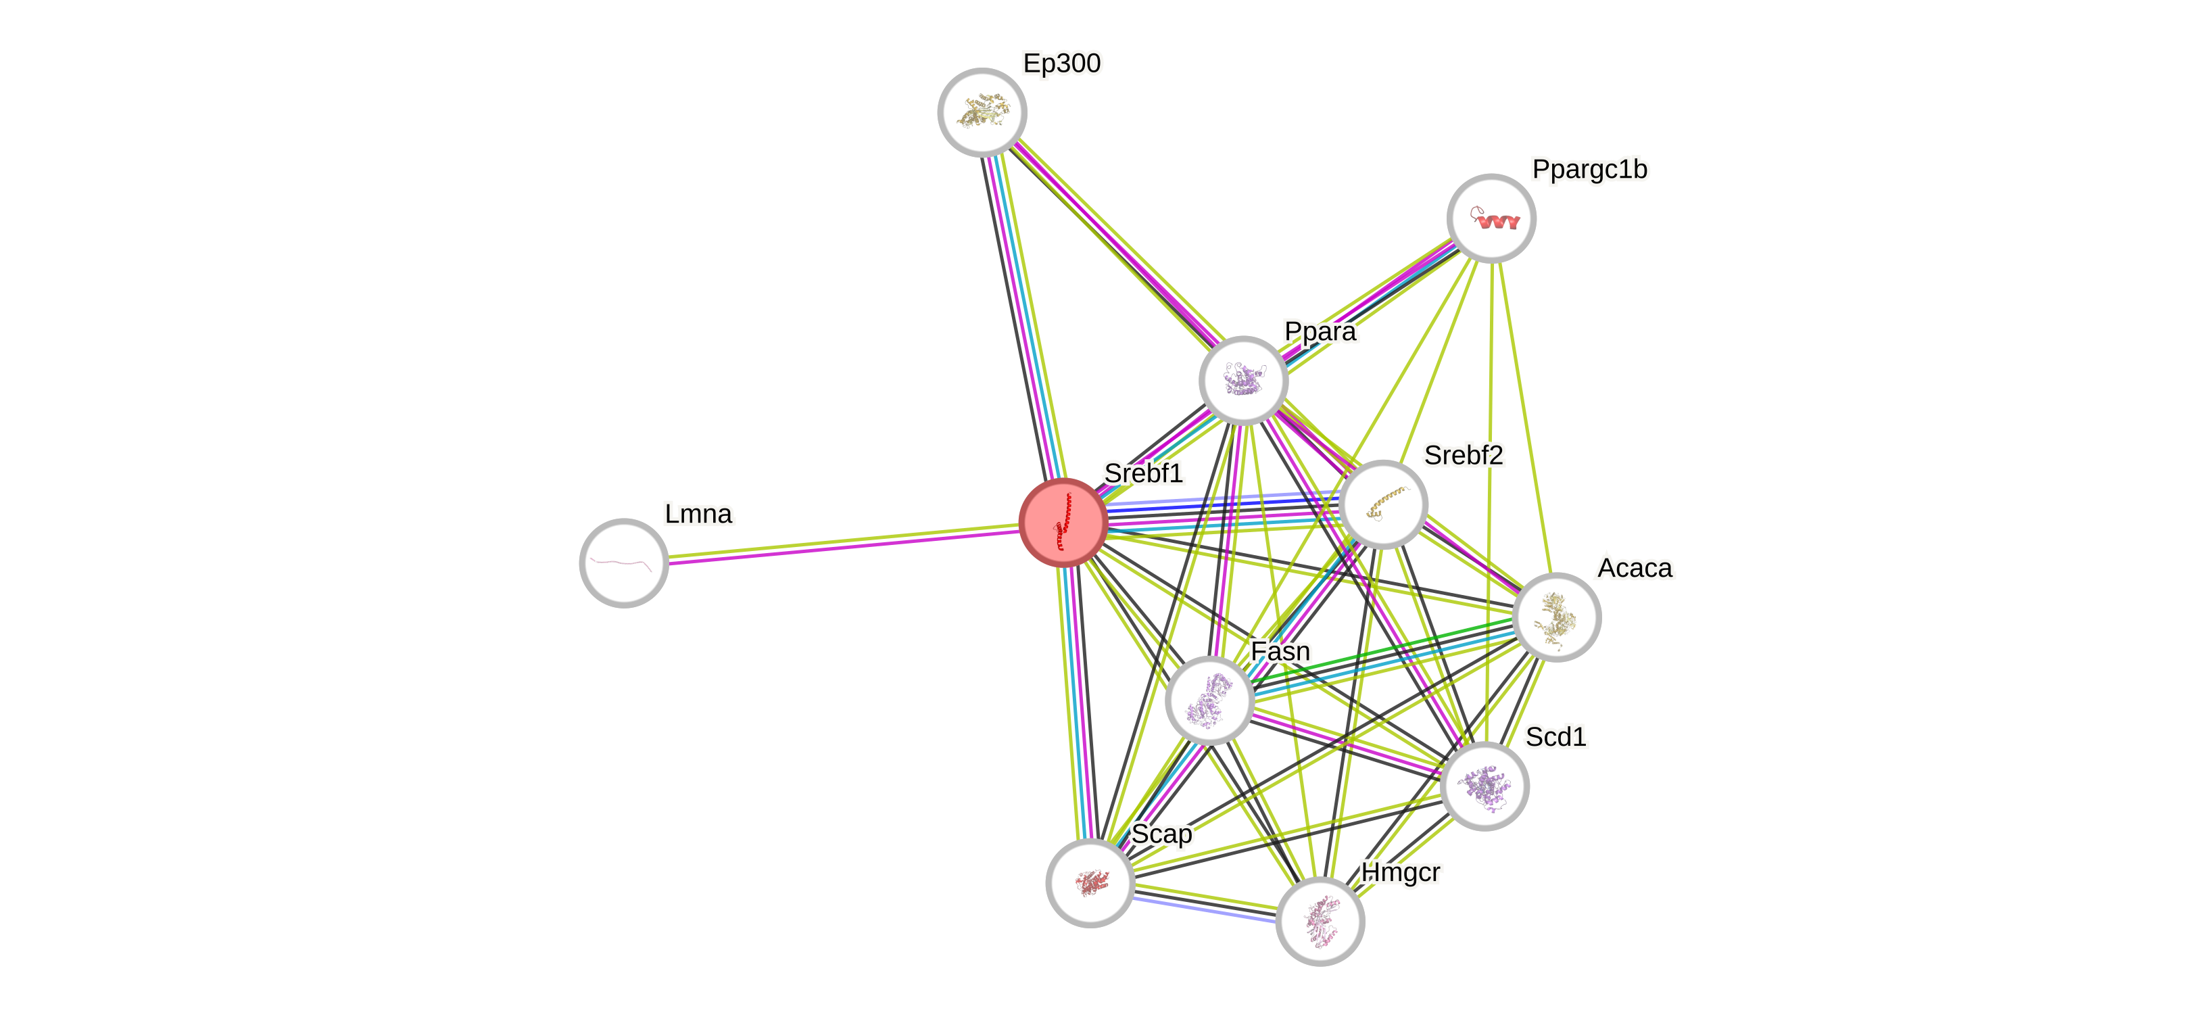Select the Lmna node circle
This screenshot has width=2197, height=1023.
coord(623,563)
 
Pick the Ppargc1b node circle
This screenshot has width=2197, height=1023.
coord(1491,218)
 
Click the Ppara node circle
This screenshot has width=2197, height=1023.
coord(1242,380)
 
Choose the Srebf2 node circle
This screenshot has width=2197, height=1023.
coord(1382,504)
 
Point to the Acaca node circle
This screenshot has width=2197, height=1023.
coord(1557,617)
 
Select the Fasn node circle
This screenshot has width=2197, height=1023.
coord(1209,700)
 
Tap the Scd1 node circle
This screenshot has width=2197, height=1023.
coord(1484,786)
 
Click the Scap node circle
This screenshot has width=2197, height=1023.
coord(1090,882)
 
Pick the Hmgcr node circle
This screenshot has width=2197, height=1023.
coord(1320,921)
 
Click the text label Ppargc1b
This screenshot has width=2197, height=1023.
coord(1590,169)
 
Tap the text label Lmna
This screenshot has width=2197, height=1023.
coord(698,514)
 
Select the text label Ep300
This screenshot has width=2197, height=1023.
coord(1062,63)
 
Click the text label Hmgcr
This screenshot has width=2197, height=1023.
coord(1401,872)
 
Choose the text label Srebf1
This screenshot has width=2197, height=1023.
coord(1143,473)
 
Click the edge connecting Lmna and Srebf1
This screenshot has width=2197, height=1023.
coord(844,543)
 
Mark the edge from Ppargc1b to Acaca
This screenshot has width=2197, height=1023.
coord(1524,418)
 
